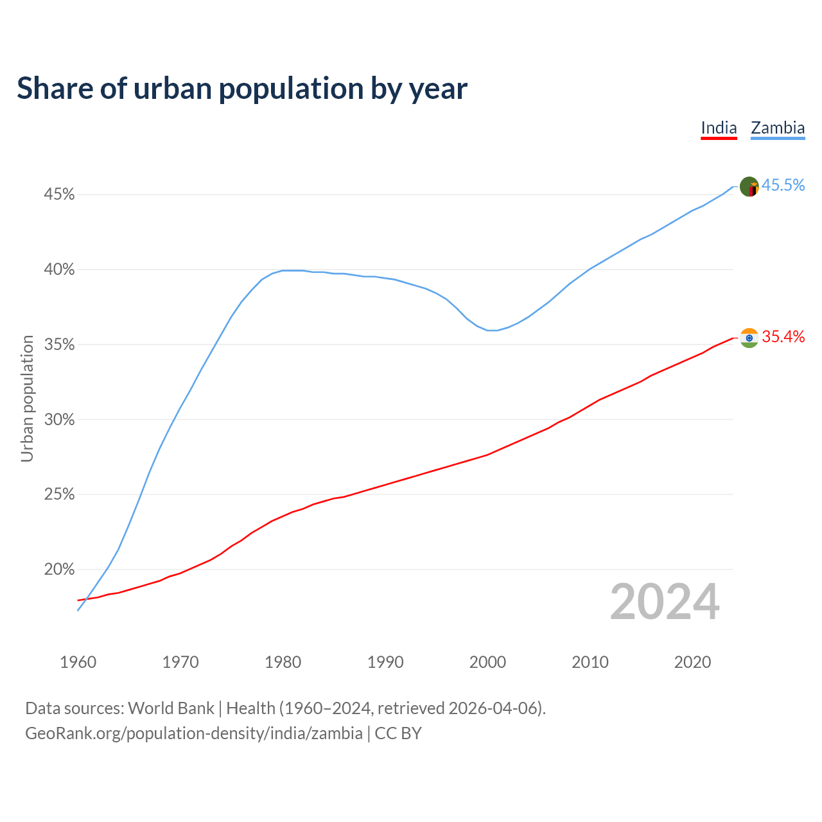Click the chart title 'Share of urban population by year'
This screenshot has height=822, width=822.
(241, 89)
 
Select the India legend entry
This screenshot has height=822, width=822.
(719, 128)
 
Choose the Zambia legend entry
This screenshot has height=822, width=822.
(778, 128)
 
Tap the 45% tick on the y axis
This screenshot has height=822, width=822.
(59, 194)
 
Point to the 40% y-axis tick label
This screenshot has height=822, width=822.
(59, 270)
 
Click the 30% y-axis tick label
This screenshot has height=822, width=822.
(59, 420)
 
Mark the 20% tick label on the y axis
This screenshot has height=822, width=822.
(59, 570)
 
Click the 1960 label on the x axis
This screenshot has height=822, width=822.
(78, 662)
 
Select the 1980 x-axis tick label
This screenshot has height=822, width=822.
(283, 662)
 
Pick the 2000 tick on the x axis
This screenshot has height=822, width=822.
(487, 662)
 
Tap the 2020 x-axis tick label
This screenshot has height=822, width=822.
(692, 662)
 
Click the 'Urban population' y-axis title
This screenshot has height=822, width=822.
(27, 398)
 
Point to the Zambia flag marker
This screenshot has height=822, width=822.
(749, 187)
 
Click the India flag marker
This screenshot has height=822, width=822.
(749, 338)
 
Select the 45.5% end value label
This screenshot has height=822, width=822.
(783, 186)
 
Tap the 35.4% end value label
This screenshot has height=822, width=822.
(783, 337)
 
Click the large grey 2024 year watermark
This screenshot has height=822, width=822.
(665, 602)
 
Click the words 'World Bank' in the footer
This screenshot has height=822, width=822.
(171, 708)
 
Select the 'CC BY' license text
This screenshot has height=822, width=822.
(398, 733)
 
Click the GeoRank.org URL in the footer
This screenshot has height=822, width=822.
(193, 733)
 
